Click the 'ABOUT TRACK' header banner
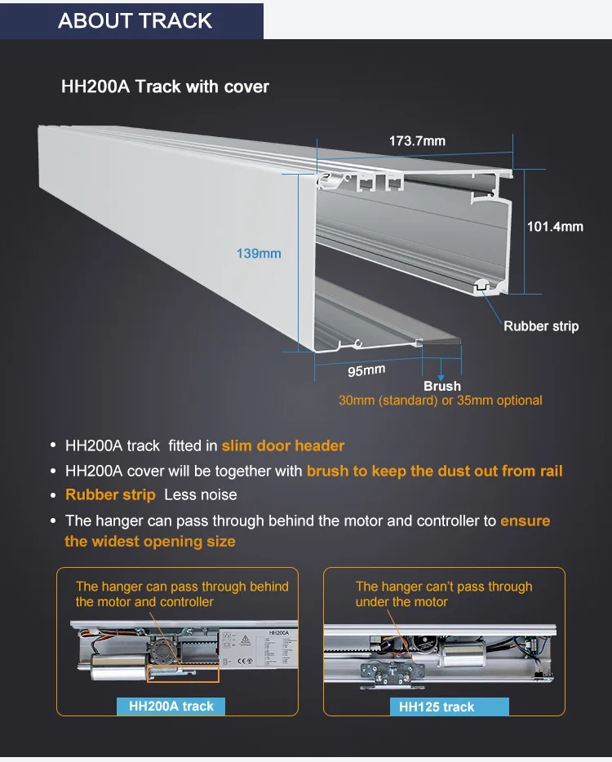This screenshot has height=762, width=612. pyautogui.click(x=135, y=20)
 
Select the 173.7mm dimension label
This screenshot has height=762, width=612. pyautogui.click(x=417, y=141)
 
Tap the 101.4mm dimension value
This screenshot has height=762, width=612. pyautogui.click(x=555, y=226)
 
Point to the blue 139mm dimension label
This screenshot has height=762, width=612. pyautogui.click(x=259, y=254)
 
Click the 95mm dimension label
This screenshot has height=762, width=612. pyautogui.click(x=366, y=370)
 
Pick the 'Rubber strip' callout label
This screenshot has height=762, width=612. pyautogui.click(x=541, y=326)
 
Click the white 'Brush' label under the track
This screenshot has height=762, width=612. pyautogui.click(x=442, y=386)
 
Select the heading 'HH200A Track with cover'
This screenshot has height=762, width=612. pyautogui.click(x=165, y=86)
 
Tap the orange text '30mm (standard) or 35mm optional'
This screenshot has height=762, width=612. pyautogui.click(x=441, y=401)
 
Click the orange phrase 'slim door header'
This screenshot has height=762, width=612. pyautogui.click(x=283, y=446)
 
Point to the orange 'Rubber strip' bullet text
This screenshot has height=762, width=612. pyautogui.click(x=110, y=495)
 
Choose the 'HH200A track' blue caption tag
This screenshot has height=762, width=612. pyautogui.click(x=171, y=707)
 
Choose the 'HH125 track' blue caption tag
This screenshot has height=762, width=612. pyautogui.click(x=437, y=707)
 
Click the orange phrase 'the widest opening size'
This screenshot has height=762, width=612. pyautogui.click(x=150, y=542)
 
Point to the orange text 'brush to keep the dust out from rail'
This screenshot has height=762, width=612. pyautogui.click(x=435, y=471)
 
